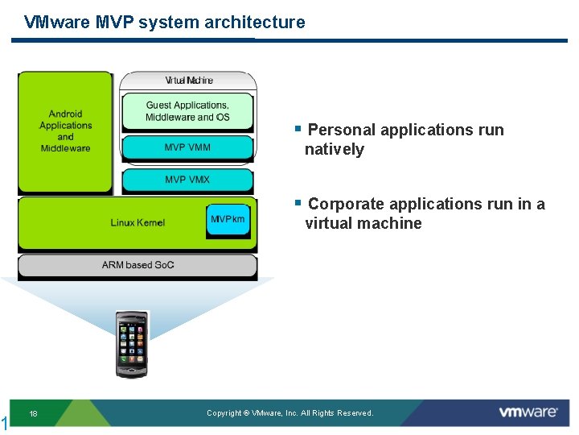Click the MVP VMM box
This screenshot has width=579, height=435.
187,147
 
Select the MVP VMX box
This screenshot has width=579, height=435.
187,180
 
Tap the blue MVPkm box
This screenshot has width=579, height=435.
228,220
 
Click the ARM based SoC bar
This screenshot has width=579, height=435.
138,265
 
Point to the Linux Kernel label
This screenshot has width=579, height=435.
138,222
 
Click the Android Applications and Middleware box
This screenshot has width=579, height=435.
65,131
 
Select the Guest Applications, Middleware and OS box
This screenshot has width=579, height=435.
187,111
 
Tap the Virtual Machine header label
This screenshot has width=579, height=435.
189,81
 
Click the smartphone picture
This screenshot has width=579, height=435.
132,345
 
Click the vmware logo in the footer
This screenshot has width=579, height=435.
528,412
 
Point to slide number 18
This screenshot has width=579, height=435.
33,413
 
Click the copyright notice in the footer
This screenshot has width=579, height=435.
289,412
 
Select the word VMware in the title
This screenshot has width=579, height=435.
57,22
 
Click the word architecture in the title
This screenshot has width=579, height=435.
255,22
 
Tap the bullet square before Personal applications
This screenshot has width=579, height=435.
298,129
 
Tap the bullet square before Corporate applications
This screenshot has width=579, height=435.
298,202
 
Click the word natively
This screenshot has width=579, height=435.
335,150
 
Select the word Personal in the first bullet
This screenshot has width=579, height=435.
342,130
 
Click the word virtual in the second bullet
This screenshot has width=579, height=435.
329,223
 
